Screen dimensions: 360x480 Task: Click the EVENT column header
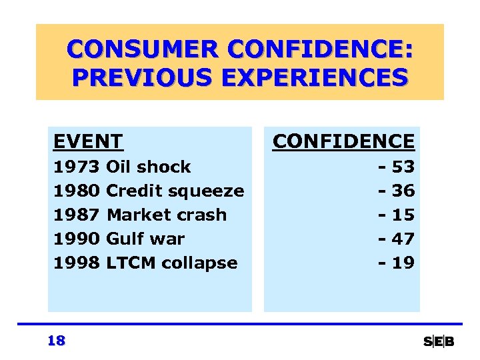click(x=88, y=141)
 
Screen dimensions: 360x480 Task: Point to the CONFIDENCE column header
click(x=343, y=141)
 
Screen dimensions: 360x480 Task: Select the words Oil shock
click(x=149, y=167)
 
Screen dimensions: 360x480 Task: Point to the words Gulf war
click(x=145, y=239)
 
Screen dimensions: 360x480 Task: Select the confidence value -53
click(x=397, y=167)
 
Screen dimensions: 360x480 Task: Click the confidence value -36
click(x=397, y=191)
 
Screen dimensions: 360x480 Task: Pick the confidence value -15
click(x=397, y=215)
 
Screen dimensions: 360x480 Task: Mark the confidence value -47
click(x=397, y=239)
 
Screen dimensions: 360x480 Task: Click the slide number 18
click(x=57, y=341)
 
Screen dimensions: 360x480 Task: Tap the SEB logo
click(x=439, y=342)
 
